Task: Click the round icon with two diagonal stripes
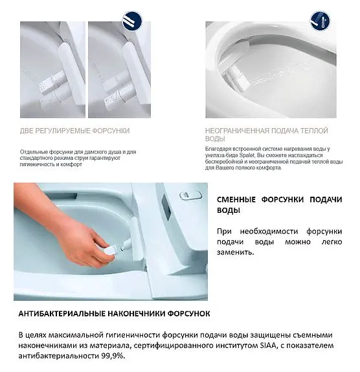[132, 21]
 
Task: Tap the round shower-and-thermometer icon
[320, 21]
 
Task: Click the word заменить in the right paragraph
[235, 252]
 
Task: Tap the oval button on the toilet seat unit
[190, 195]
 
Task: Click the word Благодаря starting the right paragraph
[216, 149]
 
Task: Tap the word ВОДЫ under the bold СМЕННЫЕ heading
[228, 210]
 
